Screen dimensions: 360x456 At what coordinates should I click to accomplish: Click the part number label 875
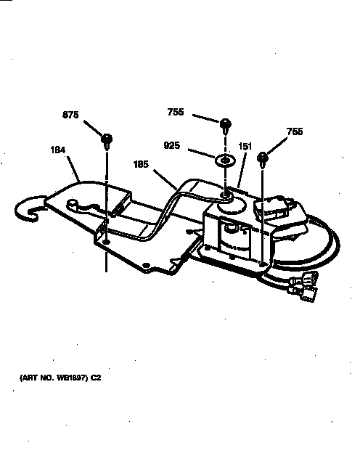tap(70, 115)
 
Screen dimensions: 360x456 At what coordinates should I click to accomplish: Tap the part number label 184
tap(58, 150)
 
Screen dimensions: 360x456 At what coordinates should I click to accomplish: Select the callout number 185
tap(141, 164)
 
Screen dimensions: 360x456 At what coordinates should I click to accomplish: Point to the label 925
tap(172, 145)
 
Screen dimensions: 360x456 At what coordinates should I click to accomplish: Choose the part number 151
tap(245, 146)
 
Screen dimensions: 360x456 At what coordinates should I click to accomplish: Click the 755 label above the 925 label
tap(176, 112)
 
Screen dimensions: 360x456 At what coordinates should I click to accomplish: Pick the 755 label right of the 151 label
tap(295, 131)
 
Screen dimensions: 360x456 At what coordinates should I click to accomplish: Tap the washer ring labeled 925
tap(225, 160)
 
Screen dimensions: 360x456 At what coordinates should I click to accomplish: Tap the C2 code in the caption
tap(96, 378)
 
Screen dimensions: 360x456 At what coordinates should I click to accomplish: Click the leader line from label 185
tap(165, 180)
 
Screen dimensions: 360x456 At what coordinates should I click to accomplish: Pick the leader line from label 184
tap(73, 169)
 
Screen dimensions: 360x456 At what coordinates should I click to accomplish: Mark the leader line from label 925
tap(202, 153)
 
